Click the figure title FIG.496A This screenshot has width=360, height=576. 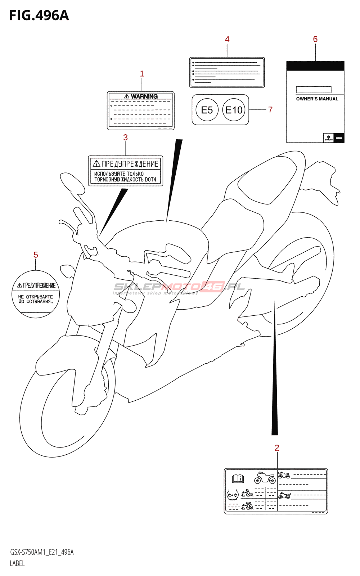(39, 15)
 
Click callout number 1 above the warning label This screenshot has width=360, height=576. (142, 74)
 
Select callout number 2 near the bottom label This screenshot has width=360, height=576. (277, 448)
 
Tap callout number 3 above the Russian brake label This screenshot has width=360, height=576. (125, 138)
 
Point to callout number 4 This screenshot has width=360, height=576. (227, 39)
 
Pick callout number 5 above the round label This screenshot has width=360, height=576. (36, 255)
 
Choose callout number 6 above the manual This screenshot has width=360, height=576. (315, 39)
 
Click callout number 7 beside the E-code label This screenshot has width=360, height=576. (270, 110)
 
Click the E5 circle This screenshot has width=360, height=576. (207, 110)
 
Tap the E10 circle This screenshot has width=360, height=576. (234, 110)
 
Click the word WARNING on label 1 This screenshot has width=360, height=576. (144, 96)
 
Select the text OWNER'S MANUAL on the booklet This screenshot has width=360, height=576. (317, 99)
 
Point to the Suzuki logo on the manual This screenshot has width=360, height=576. (328, 138)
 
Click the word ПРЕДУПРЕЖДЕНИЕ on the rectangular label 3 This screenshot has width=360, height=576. (130, 164)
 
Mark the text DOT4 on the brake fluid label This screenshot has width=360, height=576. (151, 179)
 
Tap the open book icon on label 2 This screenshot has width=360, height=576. (238, 479)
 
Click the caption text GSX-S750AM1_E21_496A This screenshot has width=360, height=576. (42, 552)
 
